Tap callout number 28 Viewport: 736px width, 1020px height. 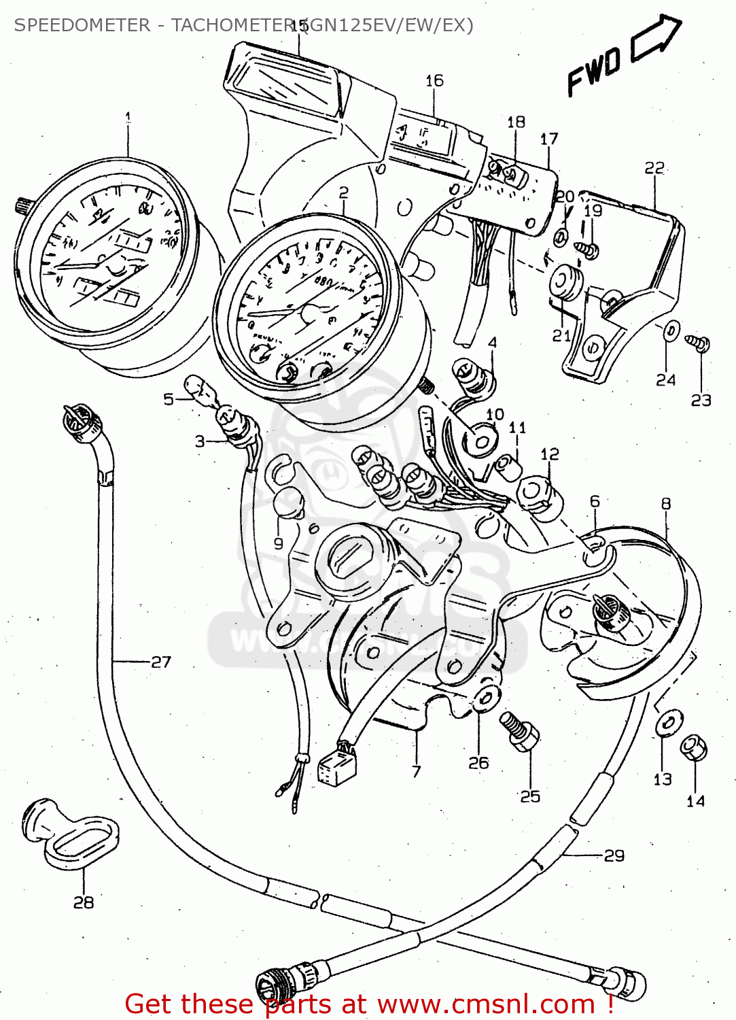(x=84, y=902)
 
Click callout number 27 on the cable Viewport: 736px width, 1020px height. (x=160, y=662)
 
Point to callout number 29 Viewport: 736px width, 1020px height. (x=614, y=855)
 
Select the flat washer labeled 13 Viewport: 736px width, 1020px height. (x=669, y=722)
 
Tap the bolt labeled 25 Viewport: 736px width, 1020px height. (x=520, y=732)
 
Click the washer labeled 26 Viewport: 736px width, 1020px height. (x=487, y=698)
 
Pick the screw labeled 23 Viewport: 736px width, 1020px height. (x=698, y=343)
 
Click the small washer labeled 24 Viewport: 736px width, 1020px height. (x=669, y=331)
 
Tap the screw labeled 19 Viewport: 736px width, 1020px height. (x=587, y=249)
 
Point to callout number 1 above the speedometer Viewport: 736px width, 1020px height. (x=128, y=118)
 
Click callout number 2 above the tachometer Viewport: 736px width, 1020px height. (x=343, y=192)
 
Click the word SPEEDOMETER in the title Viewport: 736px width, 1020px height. (x=82, y=25)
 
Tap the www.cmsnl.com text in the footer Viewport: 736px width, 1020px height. (x=486, y=1004)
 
